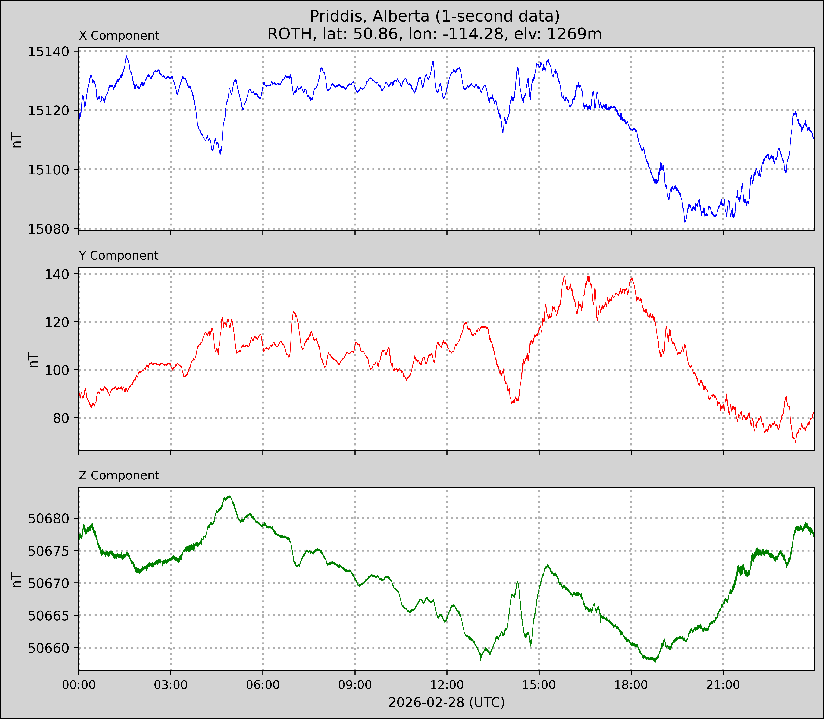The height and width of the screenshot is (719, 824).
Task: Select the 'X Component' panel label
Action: [x=119, y=36]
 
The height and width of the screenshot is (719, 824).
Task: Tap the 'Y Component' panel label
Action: [x=119, y=256]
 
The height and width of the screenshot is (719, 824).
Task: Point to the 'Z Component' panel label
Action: [x=119, y=475]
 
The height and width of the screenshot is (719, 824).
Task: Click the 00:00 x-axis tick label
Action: [x=79, y=685]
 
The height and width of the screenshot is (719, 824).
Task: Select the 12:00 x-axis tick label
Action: [x=447, y=685]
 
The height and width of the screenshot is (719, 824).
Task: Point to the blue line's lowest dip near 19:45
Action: [x=685, y=222]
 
